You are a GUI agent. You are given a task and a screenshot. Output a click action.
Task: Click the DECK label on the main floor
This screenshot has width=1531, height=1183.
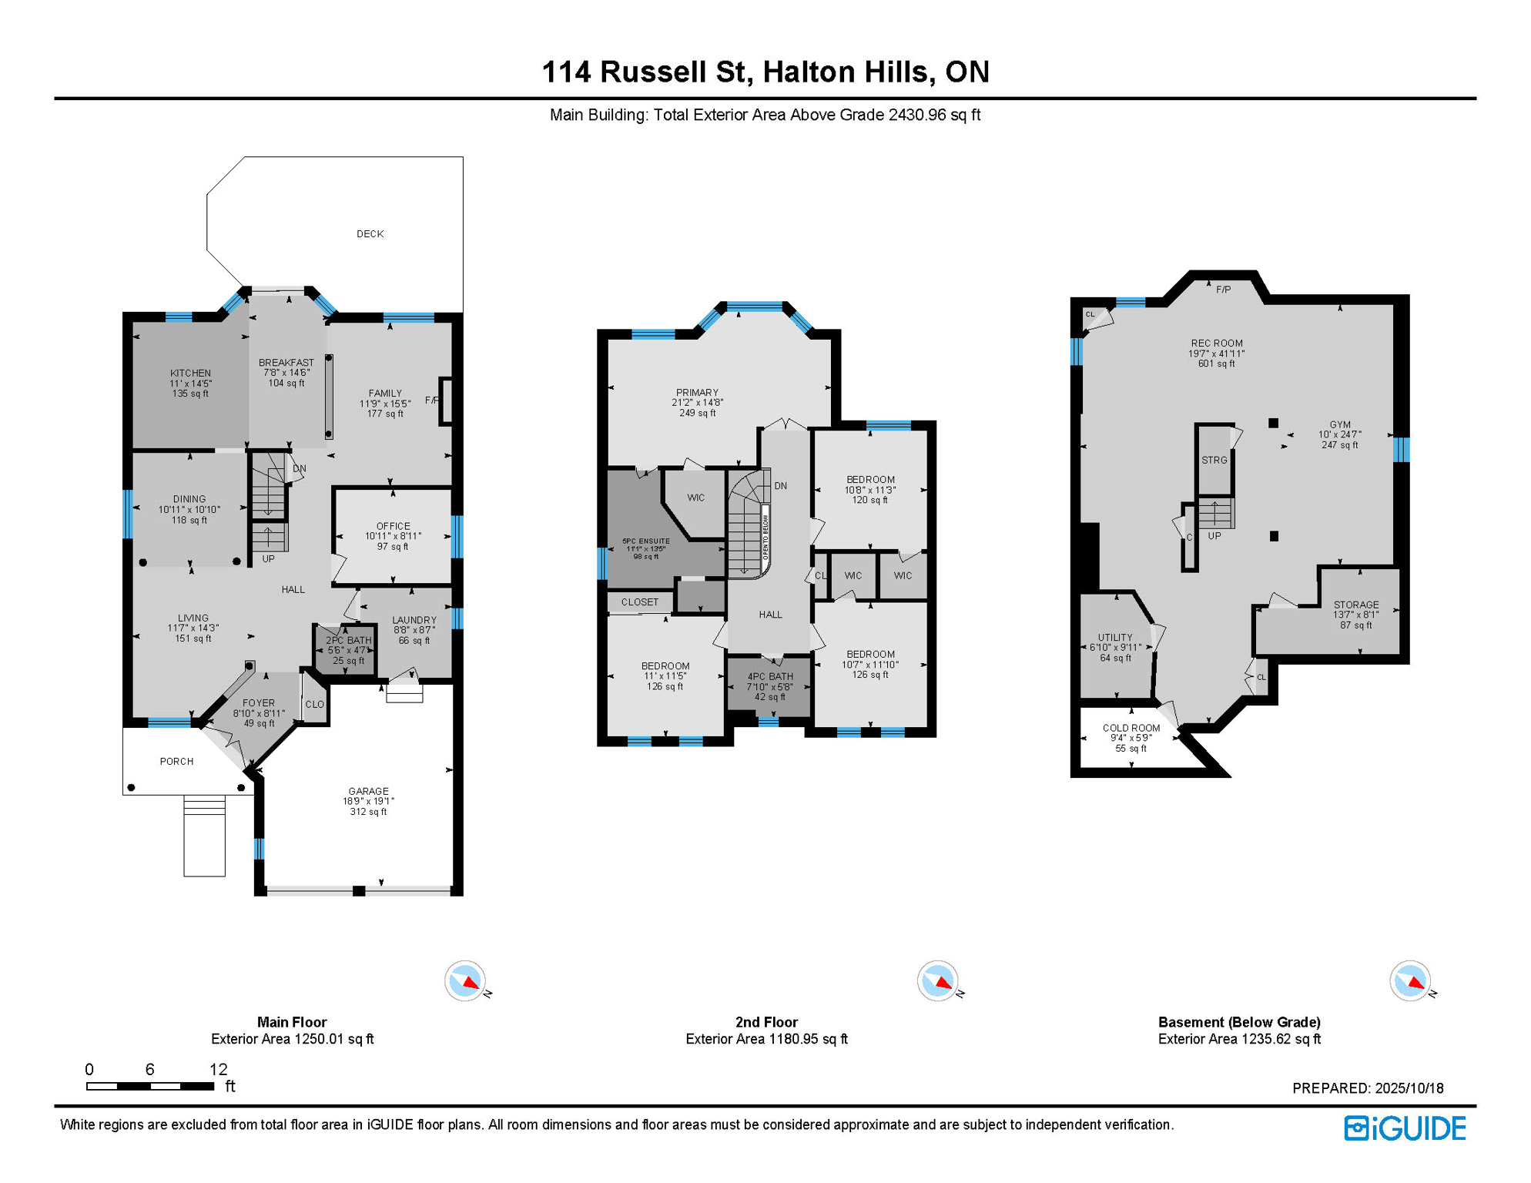pos(370,234)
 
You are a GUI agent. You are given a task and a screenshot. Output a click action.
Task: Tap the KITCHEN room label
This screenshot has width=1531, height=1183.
pos(190,374)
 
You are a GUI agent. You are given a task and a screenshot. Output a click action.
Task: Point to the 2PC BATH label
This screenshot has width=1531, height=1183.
pos(348,641)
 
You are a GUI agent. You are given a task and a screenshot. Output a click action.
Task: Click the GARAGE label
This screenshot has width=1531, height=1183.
pos(368,792)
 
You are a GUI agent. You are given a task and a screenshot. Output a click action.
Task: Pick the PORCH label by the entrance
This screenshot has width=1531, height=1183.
pos(176,762)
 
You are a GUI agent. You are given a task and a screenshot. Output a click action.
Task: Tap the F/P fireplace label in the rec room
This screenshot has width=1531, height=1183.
pos(1223,290)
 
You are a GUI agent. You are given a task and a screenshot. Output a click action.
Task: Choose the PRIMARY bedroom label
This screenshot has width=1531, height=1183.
pos(697,393)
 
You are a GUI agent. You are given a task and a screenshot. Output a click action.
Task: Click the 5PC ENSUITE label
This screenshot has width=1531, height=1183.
pos(645,541)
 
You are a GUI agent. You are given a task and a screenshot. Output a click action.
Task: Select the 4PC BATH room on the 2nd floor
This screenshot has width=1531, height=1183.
pos(769,677)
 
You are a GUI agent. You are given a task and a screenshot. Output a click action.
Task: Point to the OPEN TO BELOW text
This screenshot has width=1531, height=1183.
pos(765,538)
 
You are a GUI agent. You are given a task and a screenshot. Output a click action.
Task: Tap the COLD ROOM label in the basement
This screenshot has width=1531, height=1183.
pos(1131,729)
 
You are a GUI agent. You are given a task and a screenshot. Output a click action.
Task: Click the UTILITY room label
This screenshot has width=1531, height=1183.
pos(1114,638)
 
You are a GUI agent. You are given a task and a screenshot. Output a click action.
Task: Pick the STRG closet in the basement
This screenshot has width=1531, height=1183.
pos(1214,461)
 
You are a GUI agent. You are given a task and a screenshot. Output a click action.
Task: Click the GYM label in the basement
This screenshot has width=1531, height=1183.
pos(1340,425)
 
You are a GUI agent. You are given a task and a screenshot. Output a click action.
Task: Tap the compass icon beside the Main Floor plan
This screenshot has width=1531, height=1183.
pos(465,981)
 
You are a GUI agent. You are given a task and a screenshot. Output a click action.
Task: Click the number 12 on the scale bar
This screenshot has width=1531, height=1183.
pos(219,1070)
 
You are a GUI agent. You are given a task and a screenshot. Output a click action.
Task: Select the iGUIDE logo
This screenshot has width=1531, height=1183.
pos(1405,1128)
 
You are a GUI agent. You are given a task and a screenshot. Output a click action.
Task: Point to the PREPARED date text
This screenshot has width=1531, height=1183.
pos(1368,1088)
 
